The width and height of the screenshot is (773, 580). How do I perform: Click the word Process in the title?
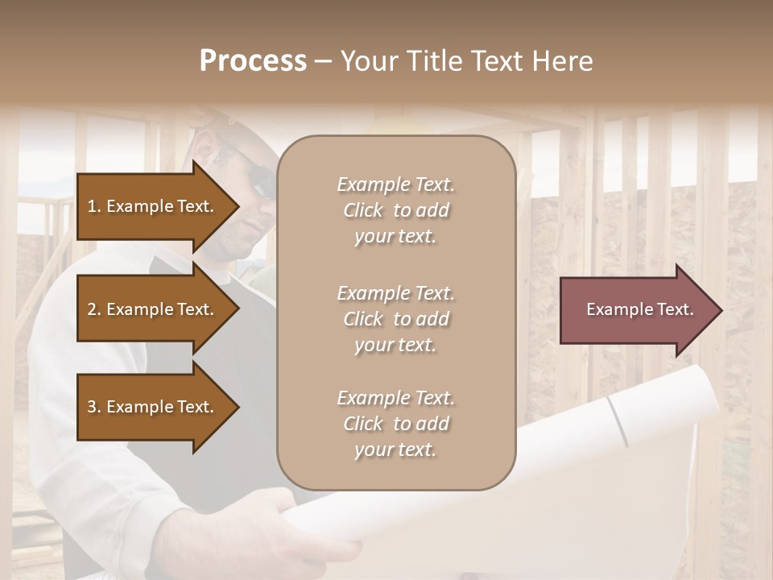tap(253, 61)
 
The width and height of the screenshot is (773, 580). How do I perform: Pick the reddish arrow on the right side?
tap(636, 309)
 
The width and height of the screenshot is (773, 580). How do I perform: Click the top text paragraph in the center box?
tap(395, 210)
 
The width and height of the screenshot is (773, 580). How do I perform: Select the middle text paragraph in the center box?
tap(395, 319)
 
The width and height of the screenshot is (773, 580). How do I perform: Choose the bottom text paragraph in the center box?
tap(395, 424)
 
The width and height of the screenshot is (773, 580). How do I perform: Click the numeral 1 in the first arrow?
tap(92, 206)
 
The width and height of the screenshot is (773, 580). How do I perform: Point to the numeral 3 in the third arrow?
tap(92, 407)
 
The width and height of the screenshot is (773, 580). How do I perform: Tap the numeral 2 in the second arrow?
tap(92, 309)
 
